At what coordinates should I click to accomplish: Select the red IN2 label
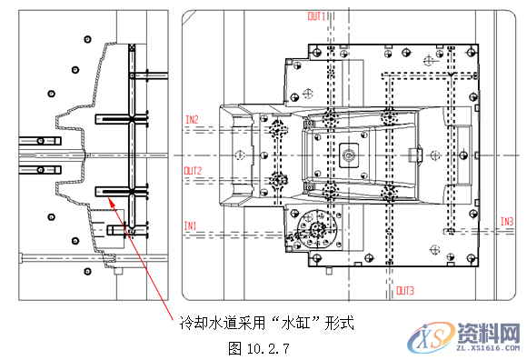point(192,119)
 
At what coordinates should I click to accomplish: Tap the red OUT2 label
point(193,170)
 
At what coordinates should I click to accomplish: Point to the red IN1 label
point(190,225)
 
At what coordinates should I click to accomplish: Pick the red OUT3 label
point(405,291)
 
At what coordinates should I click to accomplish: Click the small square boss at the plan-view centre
point(348,155)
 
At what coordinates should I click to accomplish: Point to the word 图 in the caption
point(235,346)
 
